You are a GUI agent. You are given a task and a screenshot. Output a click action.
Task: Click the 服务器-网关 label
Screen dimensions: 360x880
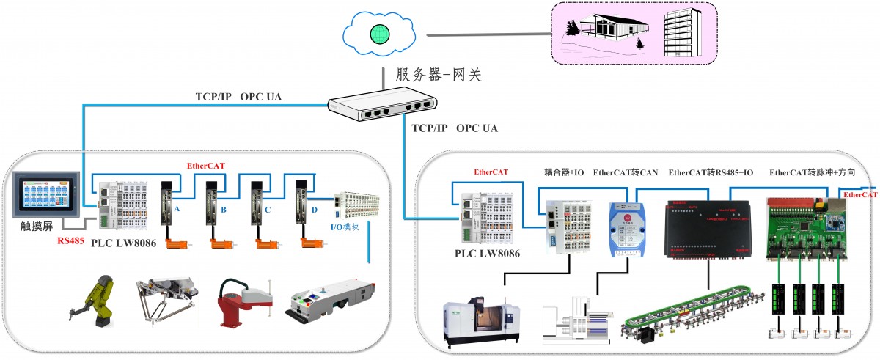click(x=439, y=74)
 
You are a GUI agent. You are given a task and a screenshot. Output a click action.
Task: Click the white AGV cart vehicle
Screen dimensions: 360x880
click(x=330, y=301)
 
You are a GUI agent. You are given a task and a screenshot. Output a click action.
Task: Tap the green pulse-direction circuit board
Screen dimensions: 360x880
click(x=807, y=227)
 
